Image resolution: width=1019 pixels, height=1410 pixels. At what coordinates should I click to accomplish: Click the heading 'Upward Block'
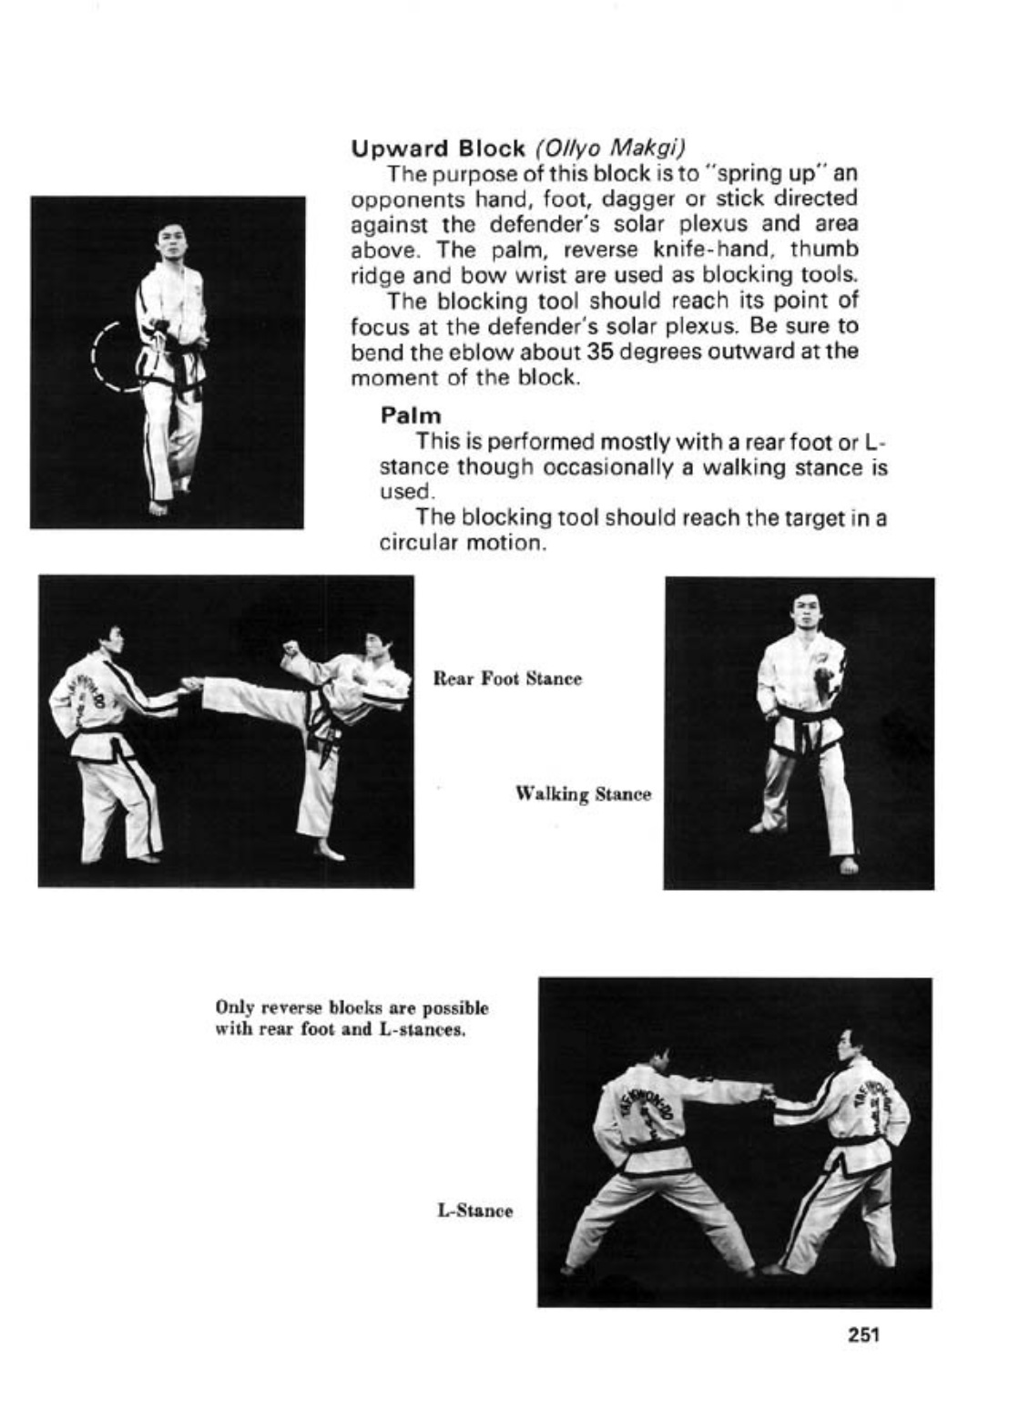pos(438,148)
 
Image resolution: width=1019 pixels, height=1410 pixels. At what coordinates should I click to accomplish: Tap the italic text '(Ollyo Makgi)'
pos(610,148)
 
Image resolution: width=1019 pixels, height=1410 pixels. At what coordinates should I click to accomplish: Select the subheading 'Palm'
pos(410,415)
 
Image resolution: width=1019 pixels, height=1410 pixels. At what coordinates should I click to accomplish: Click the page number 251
pos(863,1336)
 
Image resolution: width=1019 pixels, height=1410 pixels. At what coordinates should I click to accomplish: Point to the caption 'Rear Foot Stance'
pos(506,679)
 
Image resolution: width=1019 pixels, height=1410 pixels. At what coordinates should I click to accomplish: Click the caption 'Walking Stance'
pos(583,794)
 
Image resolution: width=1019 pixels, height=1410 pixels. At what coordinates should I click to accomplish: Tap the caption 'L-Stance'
pos(475,1211)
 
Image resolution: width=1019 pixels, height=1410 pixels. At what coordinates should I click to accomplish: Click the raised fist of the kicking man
pos(291,649)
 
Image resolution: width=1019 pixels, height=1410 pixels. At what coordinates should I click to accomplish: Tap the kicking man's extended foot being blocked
pos(193,683)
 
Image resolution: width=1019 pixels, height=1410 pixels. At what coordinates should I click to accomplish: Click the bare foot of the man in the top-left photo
pos(158,506)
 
